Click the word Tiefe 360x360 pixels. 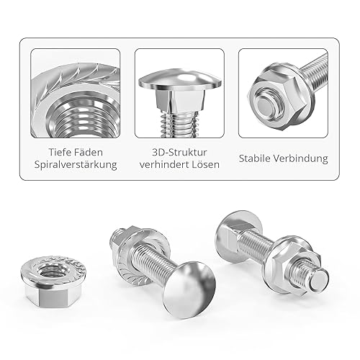pyautogui.click(x=59, y=153)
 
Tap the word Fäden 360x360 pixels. pyautogui.click(x=89, y=153)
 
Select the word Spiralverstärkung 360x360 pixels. pyautogui.click(x=76, y=165)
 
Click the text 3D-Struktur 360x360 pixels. pyautogui.click(x=179, y=153)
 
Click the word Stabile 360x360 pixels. pyautogui.click(x=254, y=158)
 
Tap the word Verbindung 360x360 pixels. pyautogui.click(x=300, y=158)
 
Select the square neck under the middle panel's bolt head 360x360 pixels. pyautogui.click(x=180, y=101)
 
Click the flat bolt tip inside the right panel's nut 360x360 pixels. pyautogui.click(x=264, y=107)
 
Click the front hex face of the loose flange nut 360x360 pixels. pyautogui.click(x=53, y=298)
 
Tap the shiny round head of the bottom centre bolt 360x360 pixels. pyautogui.click(x=189, y=287)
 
